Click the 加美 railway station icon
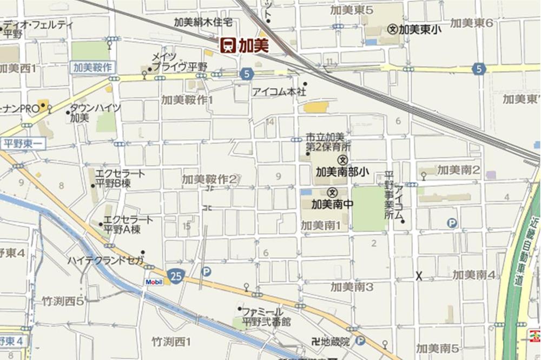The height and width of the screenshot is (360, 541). click(228, 45)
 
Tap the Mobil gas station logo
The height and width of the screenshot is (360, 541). click(154, 282)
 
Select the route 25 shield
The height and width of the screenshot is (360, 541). click(174, 276)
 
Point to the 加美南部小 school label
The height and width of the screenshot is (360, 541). click(342, 172)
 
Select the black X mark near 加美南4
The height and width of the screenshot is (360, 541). click(419, 276)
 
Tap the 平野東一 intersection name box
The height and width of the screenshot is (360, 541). click(23, 144)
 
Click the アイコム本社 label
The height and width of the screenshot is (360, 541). click(279, 92)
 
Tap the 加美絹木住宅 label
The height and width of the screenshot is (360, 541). click(203, 23)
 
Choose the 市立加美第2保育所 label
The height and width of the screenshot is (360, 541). click(329, 142)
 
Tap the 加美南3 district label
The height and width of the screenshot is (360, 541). click(352, 286)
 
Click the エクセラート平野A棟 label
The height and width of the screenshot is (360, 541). click(128, 224)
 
